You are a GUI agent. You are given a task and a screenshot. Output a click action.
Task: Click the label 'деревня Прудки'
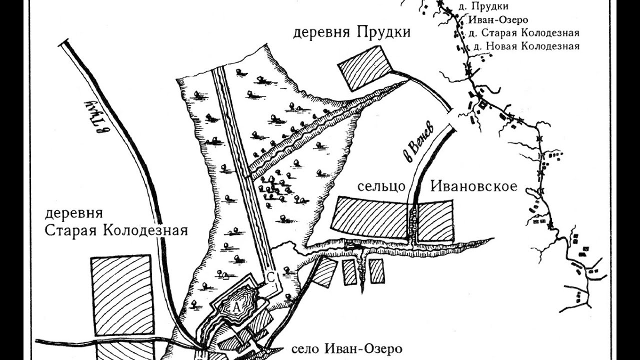(351, 33)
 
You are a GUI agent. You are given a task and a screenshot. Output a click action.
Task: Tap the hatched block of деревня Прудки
(365, 68)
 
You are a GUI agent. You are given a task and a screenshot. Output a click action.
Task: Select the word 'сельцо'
(380, 187)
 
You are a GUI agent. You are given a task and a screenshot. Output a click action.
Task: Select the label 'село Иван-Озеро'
(345, 348)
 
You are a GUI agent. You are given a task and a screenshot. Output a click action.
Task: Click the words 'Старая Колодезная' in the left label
(116, 230)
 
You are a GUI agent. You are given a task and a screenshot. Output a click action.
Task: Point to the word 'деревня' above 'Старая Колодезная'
(74, 214)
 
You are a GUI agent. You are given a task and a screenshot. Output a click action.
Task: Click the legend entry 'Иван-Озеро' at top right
(498, 20)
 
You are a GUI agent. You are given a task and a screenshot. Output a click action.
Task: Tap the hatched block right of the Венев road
(435, 220)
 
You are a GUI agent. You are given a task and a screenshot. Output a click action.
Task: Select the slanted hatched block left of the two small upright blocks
(324, 272)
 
